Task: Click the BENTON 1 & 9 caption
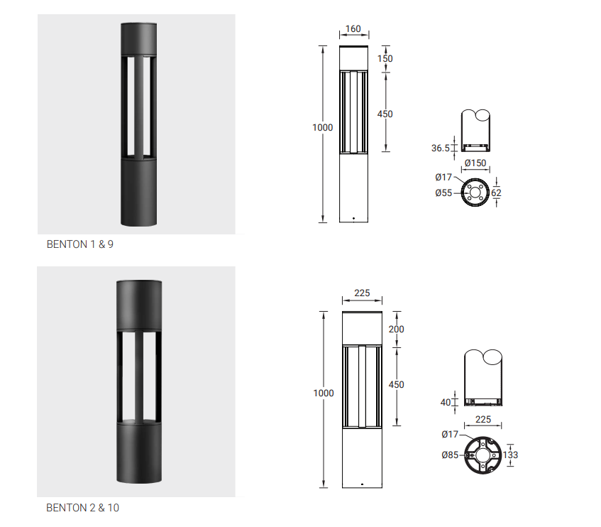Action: click(x=79, y=244)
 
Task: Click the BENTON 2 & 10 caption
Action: click(x=82, y=508)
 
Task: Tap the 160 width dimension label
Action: click(x=353, y=29)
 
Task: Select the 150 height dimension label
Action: click(x=385, y=59)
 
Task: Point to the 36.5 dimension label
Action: click(x=441, y=148)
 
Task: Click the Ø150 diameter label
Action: click(x=475, y=163)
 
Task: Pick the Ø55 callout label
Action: click(x=443, y=193)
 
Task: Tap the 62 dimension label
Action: click(x=496, y=193)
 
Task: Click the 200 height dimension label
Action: click(x=396, y=329)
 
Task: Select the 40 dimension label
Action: click(x=446, y=402)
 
